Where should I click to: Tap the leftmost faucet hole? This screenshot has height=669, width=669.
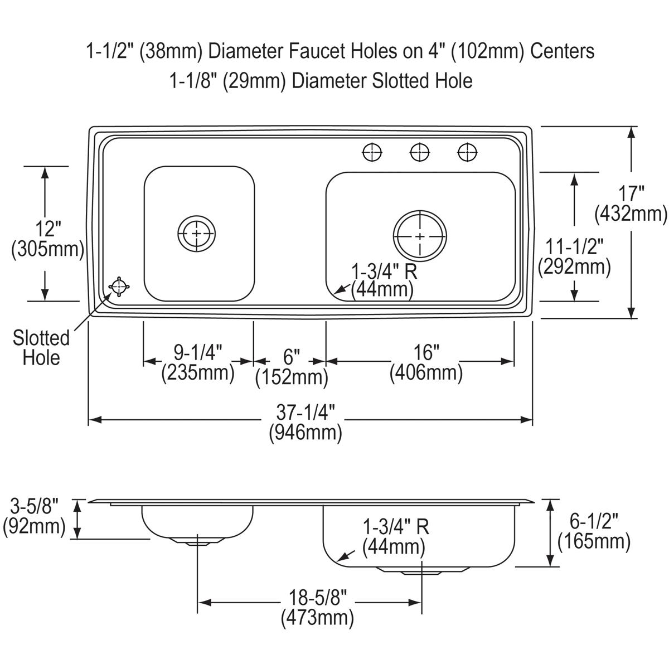tap(372, 151)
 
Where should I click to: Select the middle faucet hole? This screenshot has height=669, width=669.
tap(420, 151)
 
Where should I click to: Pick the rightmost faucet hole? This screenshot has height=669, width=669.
tap(467, 151)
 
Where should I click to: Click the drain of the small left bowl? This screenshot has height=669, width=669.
tap(196, 234)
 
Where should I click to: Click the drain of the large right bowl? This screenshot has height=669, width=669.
tap(420, 235)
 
